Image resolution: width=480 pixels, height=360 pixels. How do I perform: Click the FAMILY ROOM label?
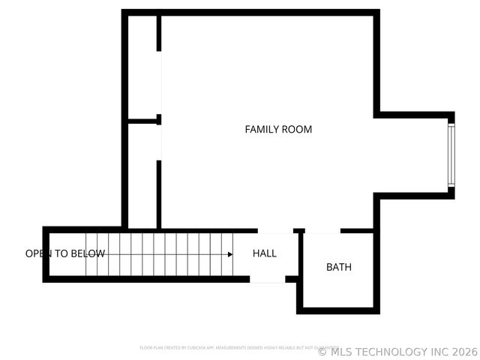coord(278,129)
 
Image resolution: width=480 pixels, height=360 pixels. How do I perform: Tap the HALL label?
coord(264,253)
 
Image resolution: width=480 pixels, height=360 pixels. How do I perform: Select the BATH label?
coord(338,267)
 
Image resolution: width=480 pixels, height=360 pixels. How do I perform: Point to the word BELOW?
coord(88,253)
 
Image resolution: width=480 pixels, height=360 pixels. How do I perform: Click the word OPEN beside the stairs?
coord(39,253)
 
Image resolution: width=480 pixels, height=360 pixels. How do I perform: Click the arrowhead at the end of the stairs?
coord(230,254)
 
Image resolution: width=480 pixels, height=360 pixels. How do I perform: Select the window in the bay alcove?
coord(451,156)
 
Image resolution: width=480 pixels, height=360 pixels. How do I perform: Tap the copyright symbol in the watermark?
coord(322,352)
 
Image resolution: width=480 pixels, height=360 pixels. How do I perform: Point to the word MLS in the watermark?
coord(341,352)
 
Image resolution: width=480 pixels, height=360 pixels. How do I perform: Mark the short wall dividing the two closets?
coord(142,120)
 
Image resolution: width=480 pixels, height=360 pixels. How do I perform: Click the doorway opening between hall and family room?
coord(275,230)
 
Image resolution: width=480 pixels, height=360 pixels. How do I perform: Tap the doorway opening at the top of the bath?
coord(322,230)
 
